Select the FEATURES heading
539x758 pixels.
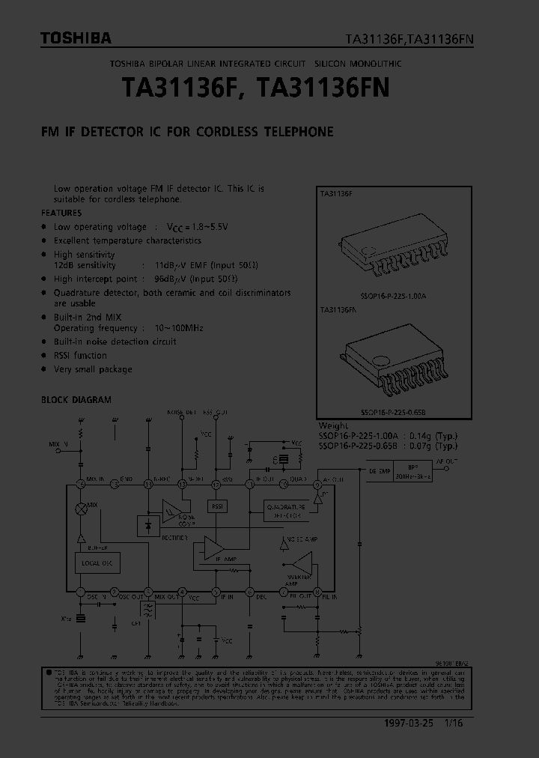[61, 213]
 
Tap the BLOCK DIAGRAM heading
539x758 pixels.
[76, 400]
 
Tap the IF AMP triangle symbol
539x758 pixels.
[213, 550]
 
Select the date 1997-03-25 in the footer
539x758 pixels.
[412, 722]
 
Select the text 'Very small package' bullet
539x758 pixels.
[93, 369]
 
